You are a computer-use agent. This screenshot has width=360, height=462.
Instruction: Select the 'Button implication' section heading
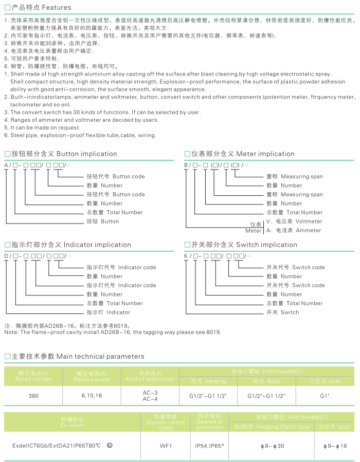click(86, 154)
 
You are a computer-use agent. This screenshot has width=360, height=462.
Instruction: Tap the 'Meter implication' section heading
click(265, 154)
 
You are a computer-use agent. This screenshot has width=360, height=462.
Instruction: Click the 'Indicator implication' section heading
click(97, 245)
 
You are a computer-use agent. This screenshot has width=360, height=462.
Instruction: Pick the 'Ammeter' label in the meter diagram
click(308, 230)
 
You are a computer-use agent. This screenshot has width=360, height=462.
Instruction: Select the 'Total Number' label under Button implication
click(124, 212)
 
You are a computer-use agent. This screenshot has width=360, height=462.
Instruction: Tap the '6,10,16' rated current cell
click(92, 396)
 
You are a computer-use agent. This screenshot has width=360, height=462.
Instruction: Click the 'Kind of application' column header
click(150, 379)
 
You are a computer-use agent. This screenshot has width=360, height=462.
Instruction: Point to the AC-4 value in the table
click(150, 399)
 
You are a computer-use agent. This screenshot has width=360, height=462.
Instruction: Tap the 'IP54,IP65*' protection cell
click(210, 446)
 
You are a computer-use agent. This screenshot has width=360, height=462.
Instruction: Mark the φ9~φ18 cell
click(334, 446)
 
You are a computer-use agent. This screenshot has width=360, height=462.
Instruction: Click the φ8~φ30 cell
click(273, 446)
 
